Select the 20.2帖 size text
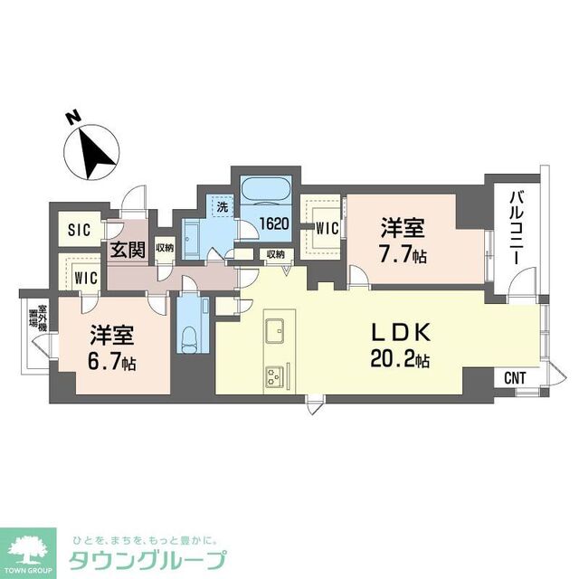click(x=399, y=360)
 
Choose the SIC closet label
click(x=80, y=231)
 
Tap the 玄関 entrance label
click(x=129, y=250)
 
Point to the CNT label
click(x=514, y=377)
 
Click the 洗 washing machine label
click(x=221, y=206)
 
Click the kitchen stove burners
click(x=274, y=375)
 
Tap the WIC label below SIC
click(x=87, y=275)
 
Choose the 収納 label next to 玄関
click(x=164, y=247)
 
